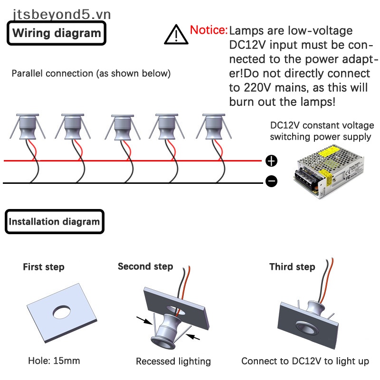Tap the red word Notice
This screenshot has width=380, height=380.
tap(209, 30)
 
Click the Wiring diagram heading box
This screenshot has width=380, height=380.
tap(57, 33)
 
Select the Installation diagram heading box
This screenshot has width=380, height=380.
tap(55, 221)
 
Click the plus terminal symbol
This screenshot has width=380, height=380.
tap(271, 161)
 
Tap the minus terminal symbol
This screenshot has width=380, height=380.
tap(271, 181)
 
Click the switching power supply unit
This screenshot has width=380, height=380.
tap(329, 171)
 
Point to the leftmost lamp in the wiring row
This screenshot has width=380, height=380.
tap(28, 127)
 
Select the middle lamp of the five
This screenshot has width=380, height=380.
tap(123, 127)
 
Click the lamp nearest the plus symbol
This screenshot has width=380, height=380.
tap(213, 127)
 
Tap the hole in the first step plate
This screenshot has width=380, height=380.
tap(62, 312)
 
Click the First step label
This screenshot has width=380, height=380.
tap(44, 267)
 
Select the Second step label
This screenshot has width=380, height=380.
tap(145, 266)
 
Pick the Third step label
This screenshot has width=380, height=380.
tap(292, 267)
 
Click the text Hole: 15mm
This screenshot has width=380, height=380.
tap(54, 361)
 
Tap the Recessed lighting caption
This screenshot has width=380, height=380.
tap(173, 361)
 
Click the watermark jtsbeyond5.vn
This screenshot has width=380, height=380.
tap(62, 14)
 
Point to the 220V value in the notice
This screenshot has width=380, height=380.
tap(257, 87)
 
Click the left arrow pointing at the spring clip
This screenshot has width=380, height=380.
tap(144, 320)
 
